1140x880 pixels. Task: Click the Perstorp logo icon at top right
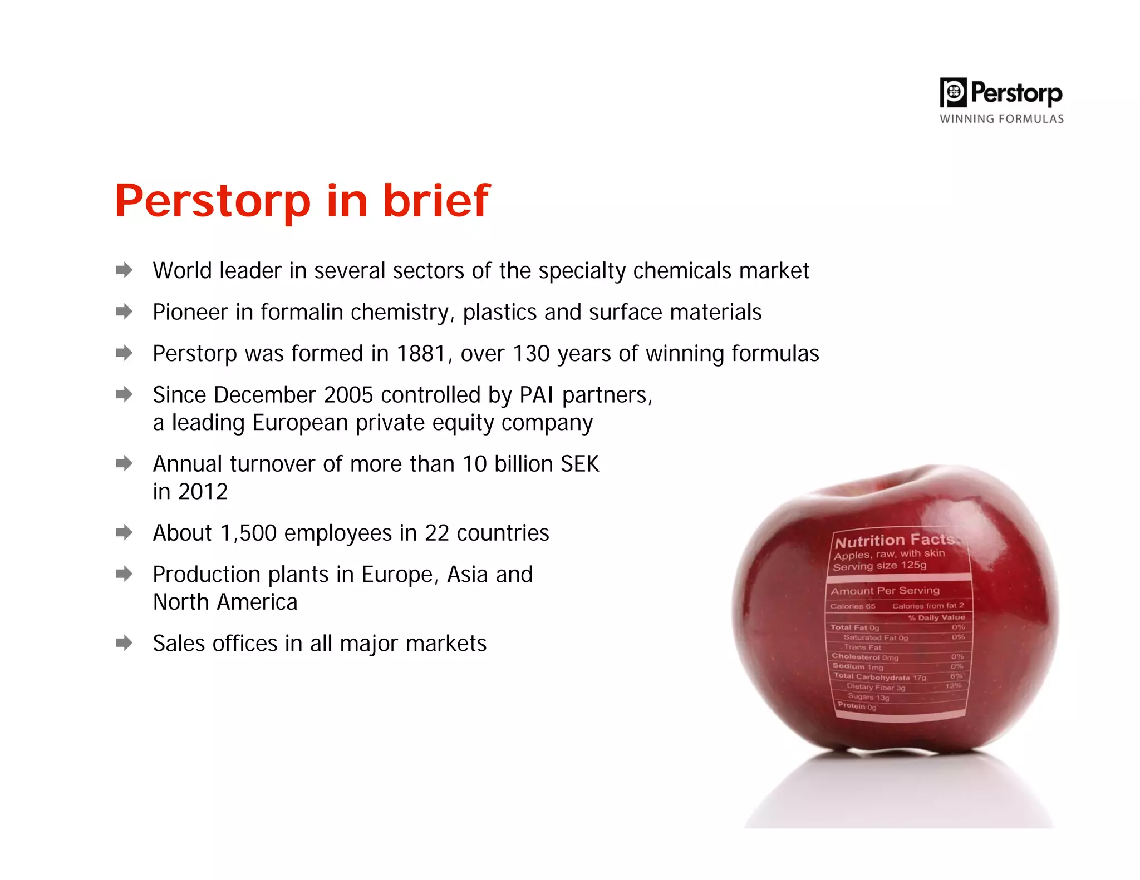954,92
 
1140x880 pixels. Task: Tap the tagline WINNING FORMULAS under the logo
1001,119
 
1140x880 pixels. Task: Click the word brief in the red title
436,201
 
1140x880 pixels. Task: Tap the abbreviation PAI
537,395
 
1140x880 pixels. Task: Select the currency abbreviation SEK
579,464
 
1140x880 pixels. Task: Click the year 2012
203,492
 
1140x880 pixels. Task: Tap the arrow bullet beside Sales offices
124,643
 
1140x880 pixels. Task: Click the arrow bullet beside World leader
124,270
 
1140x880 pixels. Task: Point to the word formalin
302,312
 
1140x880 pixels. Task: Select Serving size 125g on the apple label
879,566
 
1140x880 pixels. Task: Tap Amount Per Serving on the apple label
885,591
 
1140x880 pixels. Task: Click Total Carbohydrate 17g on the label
879,677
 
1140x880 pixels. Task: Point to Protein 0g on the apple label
857,706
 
